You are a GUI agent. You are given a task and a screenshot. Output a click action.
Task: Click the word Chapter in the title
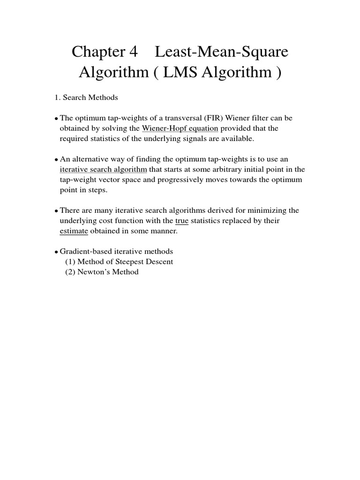(x=97, y=52)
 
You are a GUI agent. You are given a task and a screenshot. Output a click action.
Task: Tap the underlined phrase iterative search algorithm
(x=104, y=169)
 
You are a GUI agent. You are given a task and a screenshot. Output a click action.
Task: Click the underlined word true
(x=182, y=220)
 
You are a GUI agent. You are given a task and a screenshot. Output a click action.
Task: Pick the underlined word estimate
(x=74, y=231)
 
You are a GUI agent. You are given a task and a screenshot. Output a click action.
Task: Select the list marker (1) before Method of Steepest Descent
(x=70, y=262)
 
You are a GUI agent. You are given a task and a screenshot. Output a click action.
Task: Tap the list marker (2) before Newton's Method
(x=70, y=272)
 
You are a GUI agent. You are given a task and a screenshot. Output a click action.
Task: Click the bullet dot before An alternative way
(x=57, y=160)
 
